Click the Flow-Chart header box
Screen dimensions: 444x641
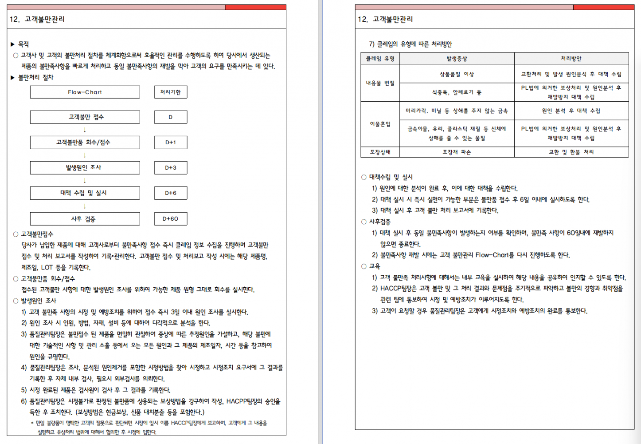pos(85,92)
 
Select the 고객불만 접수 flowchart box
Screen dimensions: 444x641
pos(85,117)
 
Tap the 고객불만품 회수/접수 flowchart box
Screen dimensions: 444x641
pos(85,143)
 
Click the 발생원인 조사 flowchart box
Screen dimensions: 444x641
pos(85,168)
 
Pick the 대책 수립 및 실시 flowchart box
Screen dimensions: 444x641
pos(85,193)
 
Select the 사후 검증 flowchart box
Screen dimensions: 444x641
pos(85,219)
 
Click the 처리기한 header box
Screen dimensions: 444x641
pos(171,92)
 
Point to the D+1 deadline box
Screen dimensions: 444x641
pos(171,143)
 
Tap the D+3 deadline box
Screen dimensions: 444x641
pos(171,168)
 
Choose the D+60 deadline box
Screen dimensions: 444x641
pos(171,219)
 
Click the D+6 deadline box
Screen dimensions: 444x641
pos(171,193)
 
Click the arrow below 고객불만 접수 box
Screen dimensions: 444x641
pos(85,130)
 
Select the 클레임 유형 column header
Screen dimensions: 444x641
pos(380,59)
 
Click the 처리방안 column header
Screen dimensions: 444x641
pos(571,59)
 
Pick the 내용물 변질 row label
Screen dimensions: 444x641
pos(380,83)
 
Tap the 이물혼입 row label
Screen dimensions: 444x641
pos(380,124)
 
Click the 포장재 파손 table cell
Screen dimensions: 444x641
pos(457,152)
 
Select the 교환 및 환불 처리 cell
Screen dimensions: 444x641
pos(571,152)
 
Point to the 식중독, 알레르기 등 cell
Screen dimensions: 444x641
pos(457,92)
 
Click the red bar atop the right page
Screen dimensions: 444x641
pos(603,7)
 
